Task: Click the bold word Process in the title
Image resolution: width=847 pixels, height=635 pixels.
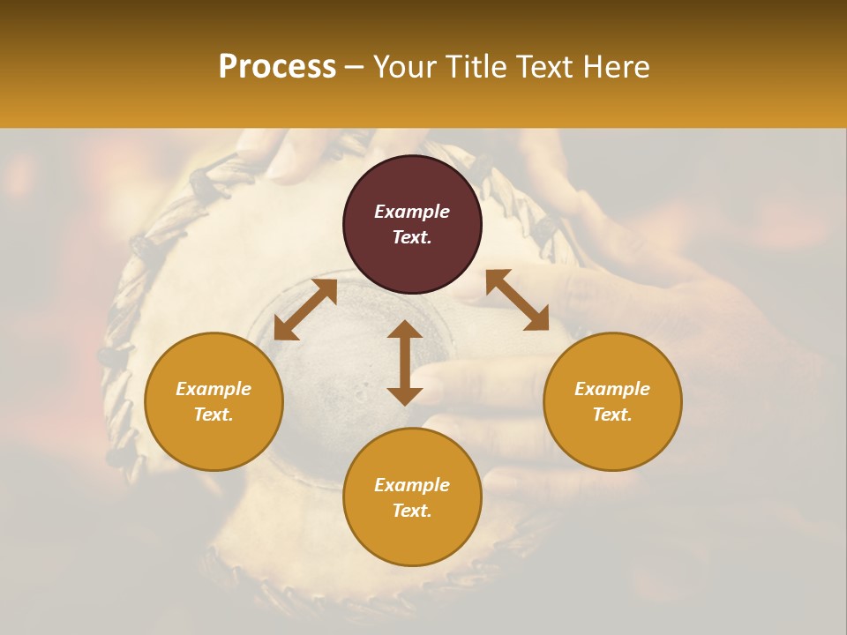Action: click(277, 67)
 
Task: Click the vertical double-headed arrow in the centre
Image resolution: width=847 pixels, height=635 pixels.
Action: click(405, 362)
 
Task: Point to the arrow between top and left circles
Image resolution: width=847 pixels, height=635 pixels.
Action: click(305, 310)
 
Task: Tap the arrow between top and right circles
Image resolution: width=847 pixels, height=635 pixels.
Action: click(517, 300)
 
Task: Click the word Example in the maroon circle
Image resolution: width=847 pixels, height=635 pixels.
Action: click(412, 212)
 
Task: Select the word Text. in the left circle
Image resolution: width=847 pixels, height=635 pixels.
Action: click(214, 415)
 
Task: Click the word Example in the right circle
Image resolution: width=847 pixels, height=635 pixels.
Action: click(612, 389)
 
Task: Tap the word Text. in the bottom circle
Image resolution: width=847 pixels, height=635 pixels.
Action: click(412, 511)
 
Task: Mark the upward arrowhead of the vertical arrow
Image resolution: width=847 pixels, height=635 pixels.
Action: click(405, 330)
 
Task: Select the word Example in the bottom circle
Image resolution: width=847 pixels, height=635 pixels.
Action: click(412, 485)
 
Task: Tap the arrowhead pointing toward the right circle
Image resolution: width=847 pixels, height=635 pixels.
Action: click(537, 320)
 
